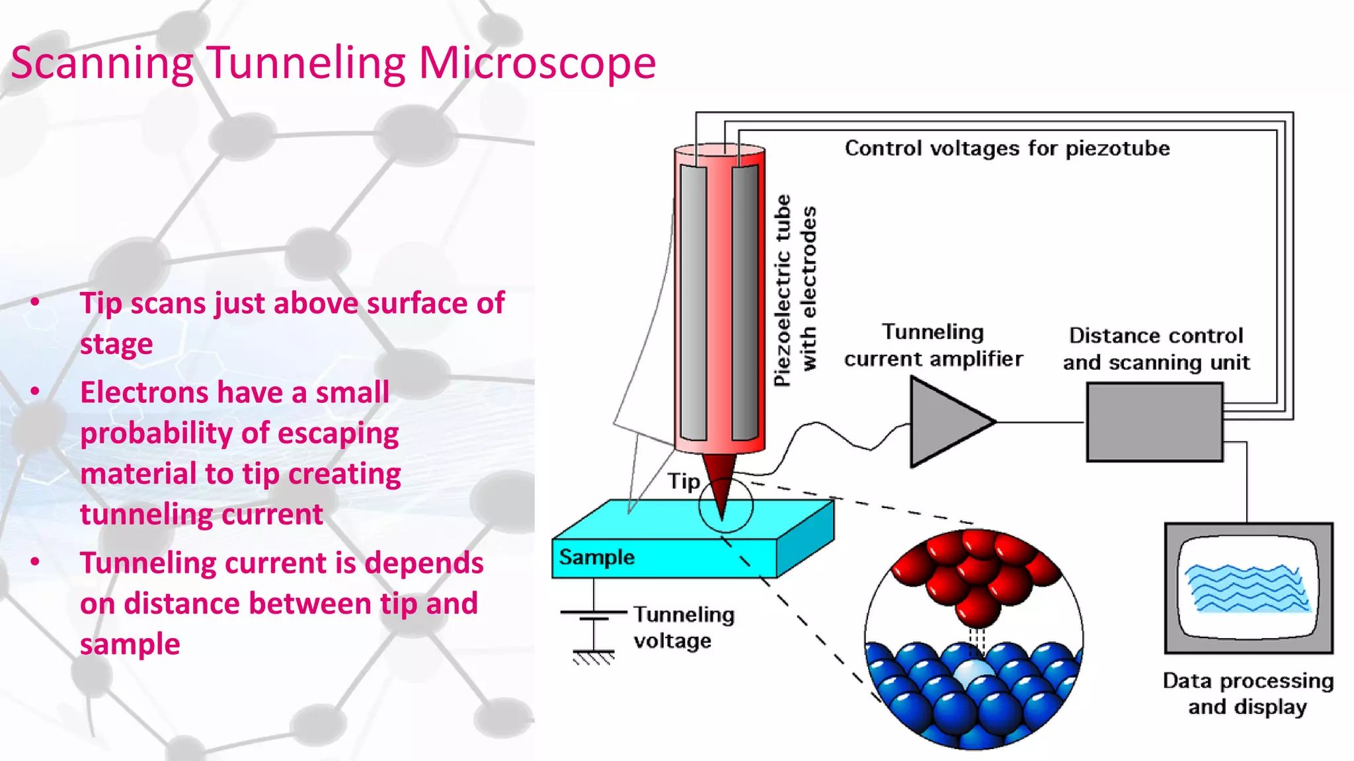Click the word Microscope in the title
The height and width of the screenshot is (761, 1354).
(x=537, y=63)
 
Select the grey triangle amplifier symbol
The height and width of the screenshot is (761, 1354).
(x=947, y=422)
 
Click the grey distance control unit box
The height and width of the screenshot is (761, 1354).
(x=1154, y=422)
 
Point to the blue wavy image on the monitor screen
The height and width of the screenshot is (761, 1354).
(x=1246, y=588)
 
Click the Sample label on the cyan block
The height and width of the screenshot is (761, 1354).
(x=596, y=558)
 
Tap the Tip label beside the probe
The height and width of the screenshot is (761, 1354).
(x=683, y=482)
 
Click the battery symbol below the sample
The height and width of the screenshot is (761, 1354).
(x=593, y=616)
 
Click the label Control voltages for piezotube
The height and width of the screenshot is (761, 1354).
(x=1007, y=149)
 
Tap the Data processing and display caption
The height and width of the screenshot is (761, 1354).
(x=1248, y=694)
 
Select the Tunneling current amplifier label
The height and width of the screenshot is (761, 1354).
(x=933, y=345)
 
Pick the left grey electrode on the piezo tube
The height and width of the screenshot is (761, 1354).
(x=693, y=303)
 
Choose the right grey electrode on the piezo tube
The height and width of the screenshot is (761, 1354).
(x=745, y=303)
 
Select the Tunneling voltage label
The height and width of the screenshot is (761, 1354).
(x=684, y=628)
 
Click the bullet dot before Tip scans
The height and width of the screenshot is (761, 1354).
(x=35, y=303)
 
